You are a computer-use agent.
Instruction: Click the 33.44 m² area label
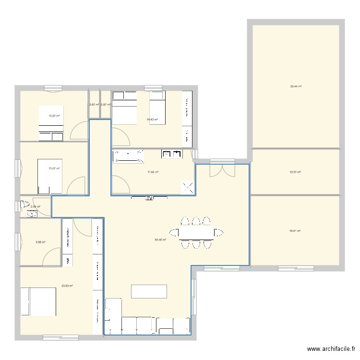(x=295, y=86)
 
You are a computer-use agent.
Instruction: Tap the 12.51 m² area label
(x=295, y=172)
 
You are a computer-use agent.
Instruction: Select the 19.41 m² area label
(x=295, y=231)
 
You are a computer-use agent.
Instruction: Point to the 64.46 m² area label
(x=160, y=240)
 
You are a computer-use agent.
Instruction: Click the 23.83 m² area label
(x=67, y=286)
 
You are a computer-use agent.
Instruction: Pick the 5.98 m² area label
(x=40, y=242)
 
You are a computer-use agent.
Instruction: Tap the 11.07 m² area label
(x=54, y=168)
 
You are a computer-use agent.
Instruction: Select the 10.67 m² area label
(x=54, y=116)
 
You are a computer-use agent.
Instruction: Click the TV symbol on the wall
(x=149, y=197)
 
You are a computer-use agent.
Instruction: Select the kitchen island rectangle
(x=149, y=292)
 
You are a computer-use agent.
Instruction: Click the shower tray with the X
(x=187, y=188)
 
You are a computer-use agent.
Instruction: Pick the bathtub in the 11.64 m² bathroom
(x=129, y=156)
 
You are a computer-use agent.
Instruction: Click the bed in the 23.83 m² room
(x=38, y=301)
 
